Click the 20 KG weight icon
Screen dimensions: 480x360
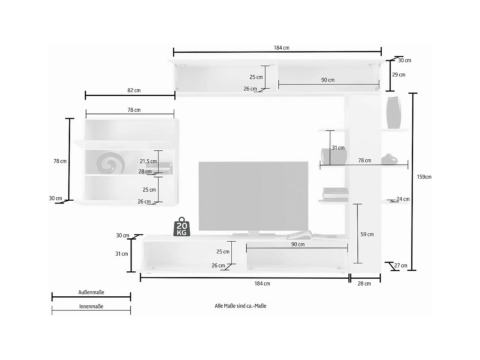[182, 227]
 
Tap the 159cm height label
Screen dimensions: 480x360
[424, 177]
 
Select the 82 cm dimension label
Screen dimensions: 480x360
[134, 90]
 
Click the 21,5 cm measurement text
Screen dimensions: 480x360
[148, 161]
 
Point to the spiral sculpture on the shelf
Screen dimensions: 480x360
[110, 163]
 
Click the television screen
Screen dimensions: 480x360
[253, 196]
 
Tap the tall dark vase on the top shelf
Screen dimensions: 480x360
[394, 112]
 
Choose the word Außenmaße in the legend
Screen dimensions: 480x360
[91, 292]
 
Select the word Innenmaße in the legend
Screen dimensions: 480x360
[91, 307]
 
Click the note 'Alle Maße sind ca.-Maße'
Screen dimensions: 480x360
[241, 306]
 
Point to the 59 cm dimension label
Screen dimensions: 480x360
[367, 234]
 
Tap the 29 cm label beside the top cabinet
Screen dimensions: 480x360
[399, 75]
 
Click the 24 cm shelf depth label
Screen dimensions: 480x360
[403, 199]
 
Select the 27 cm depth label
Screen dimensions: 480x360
[401, 266]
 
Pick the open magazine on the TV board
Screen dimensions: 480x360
[311, 236]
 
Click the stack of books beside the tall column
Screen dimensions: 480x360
[335, 195]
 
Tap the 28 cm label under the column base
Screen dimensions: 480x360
[364, 284]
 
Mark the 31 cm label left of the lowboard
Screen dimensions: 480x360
[122, 254]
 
